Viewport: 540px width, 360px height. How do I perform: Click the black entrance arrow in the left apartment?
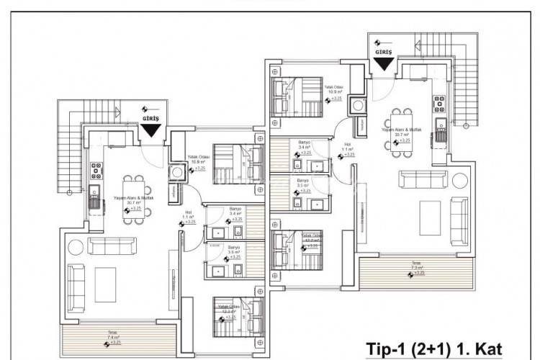[x=151, y=130]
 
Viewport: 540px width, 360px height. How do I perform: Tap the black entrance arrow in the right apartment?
[x=384, y=63]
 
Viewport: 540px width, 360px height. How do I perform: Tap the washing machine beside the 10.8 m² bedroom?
[x=172, y=193]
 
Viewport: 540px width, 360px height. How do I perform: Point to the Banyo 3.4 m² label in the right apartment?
[x=304, y=148]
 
